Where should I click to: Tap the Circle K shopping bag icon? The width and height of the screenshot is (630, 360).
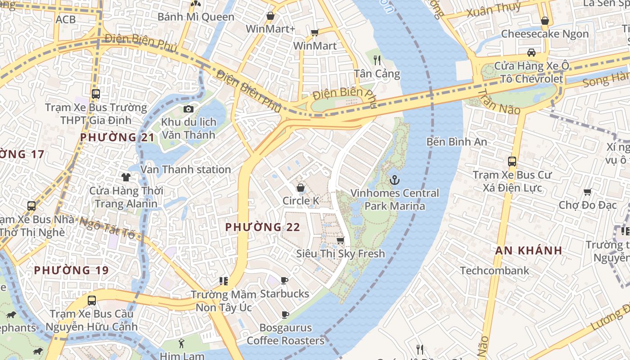coord(300,188)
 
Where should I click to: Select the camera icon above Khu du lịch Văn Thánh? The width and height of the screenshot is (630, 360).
coord(189,109)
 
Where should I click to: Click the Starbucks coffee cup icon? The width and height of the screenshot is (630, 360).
coord(284,281)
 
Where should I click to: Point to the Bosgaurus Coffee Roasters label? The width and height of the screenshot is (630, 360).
coord(285,334)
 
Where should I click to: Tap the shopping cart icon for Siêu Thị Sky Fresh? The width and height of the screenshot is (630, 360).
coord(341,241)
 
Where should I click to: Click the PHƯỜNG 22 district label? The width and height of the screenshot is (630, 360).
coord(262,227)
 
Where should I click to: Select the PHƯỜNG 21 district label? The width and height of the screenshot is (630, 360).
coord(117,137)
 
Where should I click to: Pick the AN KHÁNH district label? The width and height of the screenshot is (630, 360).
coord(529,251)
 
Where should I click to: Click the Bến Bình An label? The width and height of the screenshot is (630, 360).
coord(456,142)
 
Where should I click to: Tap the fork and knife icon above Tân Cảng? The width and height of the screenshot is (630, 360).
coord(377,60)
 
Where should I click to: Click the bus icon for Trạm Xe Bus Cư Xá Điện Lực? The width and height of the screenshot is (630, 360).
coord(512,162)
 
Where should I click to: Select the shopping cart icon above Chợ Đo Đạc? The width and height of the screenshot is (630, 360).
coord(587,192)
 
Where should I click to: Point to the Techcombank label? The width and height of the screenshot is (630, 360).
coord(495,270)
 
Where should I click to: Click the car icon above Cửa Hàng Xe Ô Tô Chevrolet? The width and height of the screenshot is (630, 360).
coord(531,52)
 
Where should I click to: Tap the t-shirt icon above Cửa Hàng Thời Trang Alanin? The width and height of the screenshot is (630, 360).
coord(126,177)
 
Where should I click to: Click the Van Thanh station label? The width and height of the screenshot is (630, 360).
coord(186,170)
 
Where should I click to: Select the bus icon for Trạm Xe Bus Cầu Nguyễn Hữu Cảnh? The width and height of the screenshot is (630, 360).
coord(92,301)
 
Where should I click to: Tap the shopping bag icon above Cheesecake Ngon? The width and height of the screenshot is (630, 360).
coord(544,21)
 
